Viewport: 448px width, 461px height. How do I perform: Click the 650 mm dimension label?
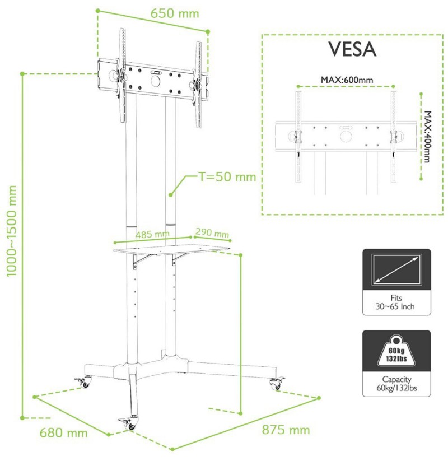[x=175, y=13]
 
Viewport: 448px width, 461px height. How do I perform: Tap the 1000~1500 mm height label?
[x=11, y=231]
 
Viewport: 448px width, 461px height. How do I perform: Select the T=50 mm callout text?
[x=227, y=176]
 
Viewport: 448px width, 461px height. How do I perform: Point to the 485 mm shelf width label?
[x=152, y=234]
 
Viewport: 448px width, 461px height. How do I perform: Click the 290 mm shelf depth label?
[x=212, y=232]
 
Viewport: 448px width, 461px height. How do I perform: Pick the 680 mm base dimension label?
[x=63, y=433]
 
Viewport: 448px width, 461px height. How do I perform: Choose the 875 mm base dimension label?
[x=286, y=430]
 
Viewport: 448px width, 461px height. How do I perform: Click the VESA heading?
[x=352, y=49]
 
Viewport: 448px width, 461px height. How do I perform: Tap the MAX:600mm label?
[x=347, y=80]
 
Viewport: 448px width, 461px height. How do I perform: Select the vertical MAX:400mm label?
[x=427, y=137]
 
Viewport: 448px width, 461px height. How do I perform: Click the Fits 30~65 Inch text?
[x=395, y=302]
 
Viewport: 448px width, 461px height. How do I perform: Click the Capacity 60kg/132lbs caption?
[x=396, y=384]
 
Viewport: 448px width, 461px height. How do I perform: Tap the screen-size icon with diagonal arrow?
[x=396, y=269]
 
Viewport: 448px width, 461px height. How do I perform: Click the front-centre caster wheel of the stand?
[x=129, y=424]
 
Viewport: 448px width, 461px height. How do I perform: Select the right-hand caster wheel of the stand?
[x=277, y=383]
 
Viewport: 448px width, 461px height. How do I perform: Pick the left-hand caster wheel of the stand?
[x=84, y=382]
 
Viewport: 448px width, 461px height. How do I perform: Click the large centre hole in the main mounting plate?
[x=156, y=81]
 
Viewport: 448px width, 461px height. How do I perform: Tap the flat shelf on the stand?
[x=171, y=250]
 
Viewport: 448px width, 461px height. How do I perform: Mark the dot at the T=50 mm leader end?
[x=170, y=194]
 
